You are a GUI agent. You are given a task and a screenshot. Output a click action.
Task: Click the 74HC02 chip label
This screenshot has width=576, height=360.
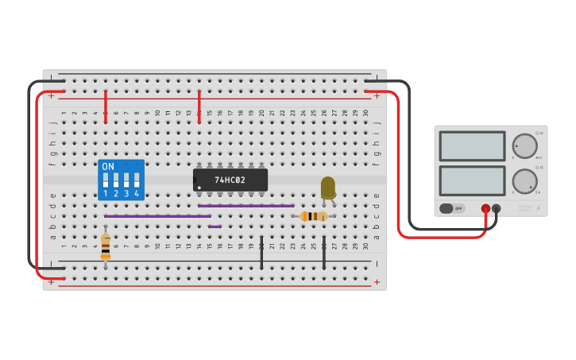point(230,180)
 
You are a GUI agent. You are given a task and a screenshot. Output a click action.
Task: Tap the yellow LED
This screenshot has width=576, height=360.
point(328,188)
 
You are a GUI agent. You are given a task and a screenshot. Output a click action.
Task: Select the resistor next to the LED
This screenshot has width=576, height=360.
point(314,216)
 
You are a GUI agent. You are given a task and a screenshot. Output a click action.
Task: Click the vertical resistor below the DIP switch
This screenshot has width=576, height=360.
point(106,247)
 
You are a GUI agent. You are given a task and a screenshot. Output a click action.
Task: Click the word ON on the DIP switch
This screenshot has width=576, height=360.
point(108,167)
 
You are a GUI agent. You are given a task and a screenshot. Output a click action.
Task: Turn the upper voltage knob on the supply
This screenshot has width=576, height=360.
point(524,146)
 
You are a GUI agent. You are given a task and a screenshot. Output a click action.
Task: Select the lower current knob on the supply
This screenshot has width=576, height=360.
point(524,181)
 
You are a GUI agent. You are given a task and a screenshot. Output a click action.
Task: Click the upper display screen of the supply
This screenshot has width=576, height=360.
point(472,146)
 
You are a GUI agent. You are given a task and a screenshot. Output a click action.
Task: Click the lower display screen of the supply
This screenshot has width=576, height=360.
point(472,180)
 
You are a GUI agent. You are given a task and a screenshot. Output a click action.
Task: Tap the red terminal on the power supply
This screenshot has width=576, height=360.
point(485,209)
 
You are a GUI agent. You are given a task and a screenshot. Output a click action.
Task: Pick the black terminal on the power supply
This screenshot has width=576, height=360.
point(497,209)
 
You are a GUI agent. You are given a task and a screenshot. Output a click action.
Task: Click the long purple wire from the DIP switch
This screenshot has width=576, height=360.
point(157,216)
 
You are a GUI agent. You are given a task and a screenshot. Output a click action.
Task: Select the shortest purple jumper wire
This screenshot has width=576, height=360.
point(215,226)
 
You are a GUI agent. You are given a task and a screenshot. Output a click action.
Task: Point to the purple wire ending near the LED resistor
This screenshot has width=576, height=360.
point(246,206)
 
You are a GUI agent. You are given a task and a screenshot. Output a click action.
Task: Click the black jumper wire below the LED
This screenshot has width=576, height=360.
point(324,253)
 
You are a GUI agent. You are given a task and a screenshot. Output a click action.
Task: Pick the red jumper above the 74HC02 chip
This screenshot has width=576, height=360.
point(199,106)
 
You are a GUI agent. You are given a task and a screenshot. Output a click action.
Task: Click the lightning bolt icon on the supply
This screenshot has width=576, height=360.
point(539,209)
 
